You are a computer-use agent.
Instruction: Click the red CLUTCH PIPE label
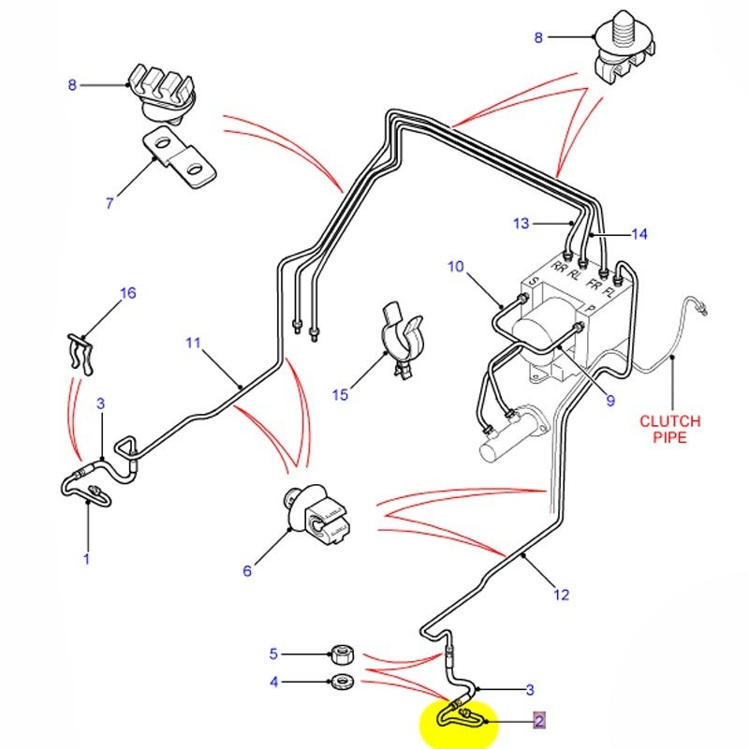tap(669, 429)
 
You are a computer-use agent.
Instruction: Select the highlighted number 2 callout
tap(538, 720)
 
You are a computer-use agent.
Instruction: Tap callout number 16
tap(128, 293)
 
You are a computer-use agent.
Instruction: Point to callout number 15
tap(340, 395)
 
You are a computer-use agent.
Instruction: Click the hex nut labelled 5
tap(341, 654)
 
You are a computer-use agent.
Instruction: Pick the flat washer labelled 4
tap(341, 681)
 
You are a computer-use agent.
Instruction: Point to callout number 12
tap(561, 594)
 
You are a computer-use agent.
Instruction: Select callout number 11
tap(193, 343)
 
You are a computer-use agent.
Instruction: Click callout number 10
tap(455, 267)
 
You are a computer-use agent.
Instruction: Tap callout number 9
tap(609, 401)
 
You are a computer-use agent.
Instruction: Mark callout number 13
tap(521, 223)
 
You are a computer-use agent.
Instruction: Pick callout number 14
tap(639, 234)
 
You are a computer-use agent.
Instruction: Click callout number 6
tap(247, 570)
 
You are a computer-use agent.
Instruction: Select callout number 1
tap(86, 560)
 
